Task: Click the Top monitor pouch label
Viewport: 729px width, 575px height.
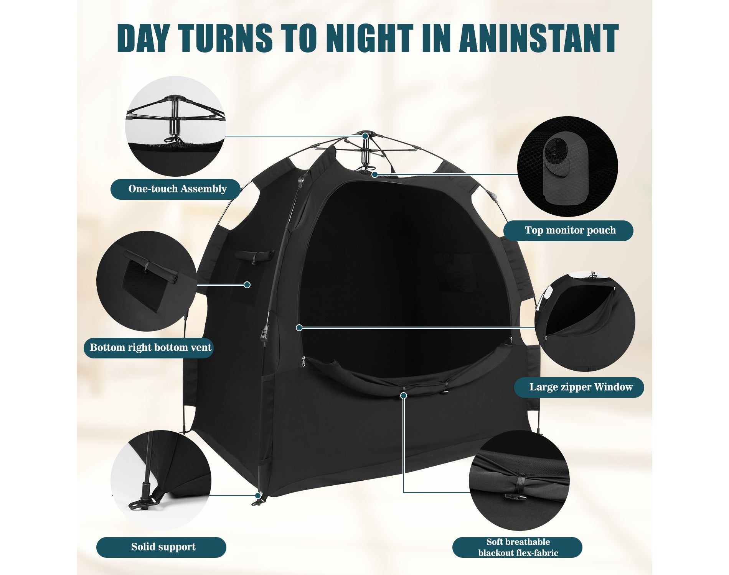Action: tap(568, 230)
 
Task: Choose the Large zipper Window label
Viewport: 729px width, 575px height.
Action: tap(579, 387)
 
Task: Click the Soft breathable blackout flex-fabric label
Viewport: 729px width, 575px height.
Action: tap(517, 547)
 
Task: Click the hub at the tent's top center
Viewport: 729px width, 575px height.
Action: tap(366, 136)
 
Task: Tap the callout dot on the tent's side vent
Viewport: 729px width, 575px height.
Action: tap(247, 284)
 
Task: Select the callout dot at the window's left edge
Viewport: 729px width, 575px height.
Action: tap(299, 327)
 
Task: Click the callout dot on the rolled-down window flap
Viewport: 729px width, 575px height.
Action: tap(403, 395)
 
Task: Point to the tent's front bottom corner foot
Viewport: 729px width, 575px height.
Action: tap(257, 497)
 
